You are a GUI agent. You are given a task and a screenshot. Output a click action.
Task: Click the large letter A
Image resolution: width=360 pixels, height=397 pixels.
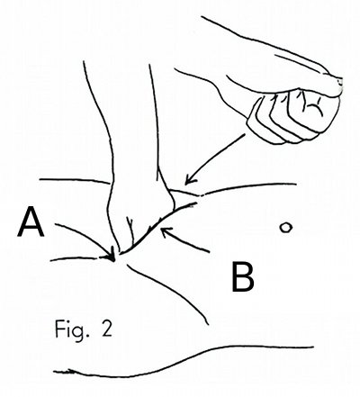tap(31, 221)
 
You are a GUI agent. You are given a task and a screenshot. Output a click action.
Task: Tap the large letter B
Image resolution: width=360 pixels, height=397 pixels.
tap(243, 276)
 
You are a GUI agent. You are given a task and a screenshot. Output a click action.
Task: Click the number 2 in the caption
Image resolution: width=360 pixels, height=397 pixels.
tap(106, 329)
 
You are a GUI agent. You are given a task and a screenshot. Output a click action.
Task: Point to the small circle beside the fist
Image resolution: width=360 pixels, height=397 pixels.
tap(286, 228)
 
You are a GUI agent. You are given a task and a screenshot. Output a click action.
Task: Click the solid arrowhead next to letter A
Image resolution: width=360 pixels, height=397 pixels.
tap(112, 255)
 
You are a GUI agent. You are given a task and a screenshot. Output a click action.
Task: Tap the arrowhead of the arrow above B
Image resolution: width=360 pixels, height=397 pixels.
tap(166, 232)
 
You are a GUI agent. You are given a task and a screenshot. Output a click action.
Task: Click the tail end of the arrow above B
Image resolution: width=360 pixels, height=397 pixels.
tap(209, 251)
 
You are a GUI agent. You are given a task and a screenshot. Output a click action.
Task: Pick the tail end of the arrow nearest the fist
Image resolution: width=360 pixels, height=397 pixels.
tap(245, 135)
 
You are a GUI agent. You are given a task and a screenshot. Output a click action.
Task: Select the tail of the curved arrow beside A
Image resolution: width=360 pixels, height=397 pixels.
tap(55, 224)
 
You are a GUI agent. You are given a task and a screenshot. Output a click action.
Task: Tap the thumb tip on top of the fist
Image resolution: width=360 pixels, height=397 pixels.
tap(337, 86)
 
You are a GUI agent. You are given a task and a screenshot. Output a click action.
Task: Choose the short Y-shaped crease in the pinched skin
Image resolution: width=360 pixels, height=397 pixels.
tap(130, 228)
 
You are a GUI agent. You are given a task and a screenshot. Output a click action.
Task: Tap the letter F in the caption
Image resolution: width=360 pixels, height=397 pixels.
tap(58, 329)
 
